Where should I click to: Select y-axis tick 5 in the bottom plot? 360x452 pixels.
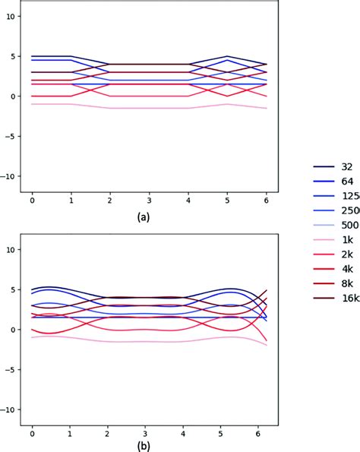tap(11, 289)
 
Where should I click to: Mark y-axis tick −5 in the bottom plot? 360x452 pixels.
tap(9, 370)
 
